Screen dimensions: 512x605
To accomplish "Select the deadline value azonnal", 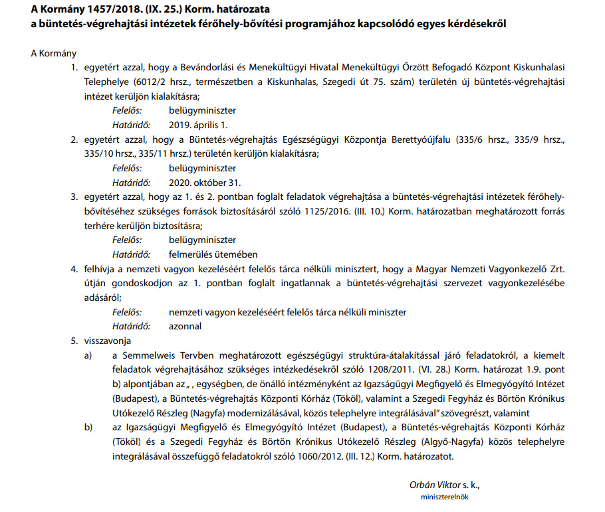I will click(185, 326).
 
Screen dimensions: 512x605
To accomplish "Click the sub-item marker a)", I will click(88, 355).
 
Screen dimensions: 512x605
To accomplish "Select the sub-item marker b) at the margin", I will click(88, 428).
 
